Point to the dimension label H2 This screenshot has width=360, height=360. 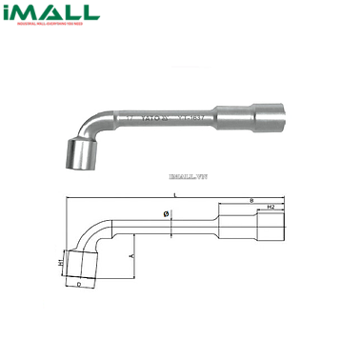[x=270, y=208]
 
